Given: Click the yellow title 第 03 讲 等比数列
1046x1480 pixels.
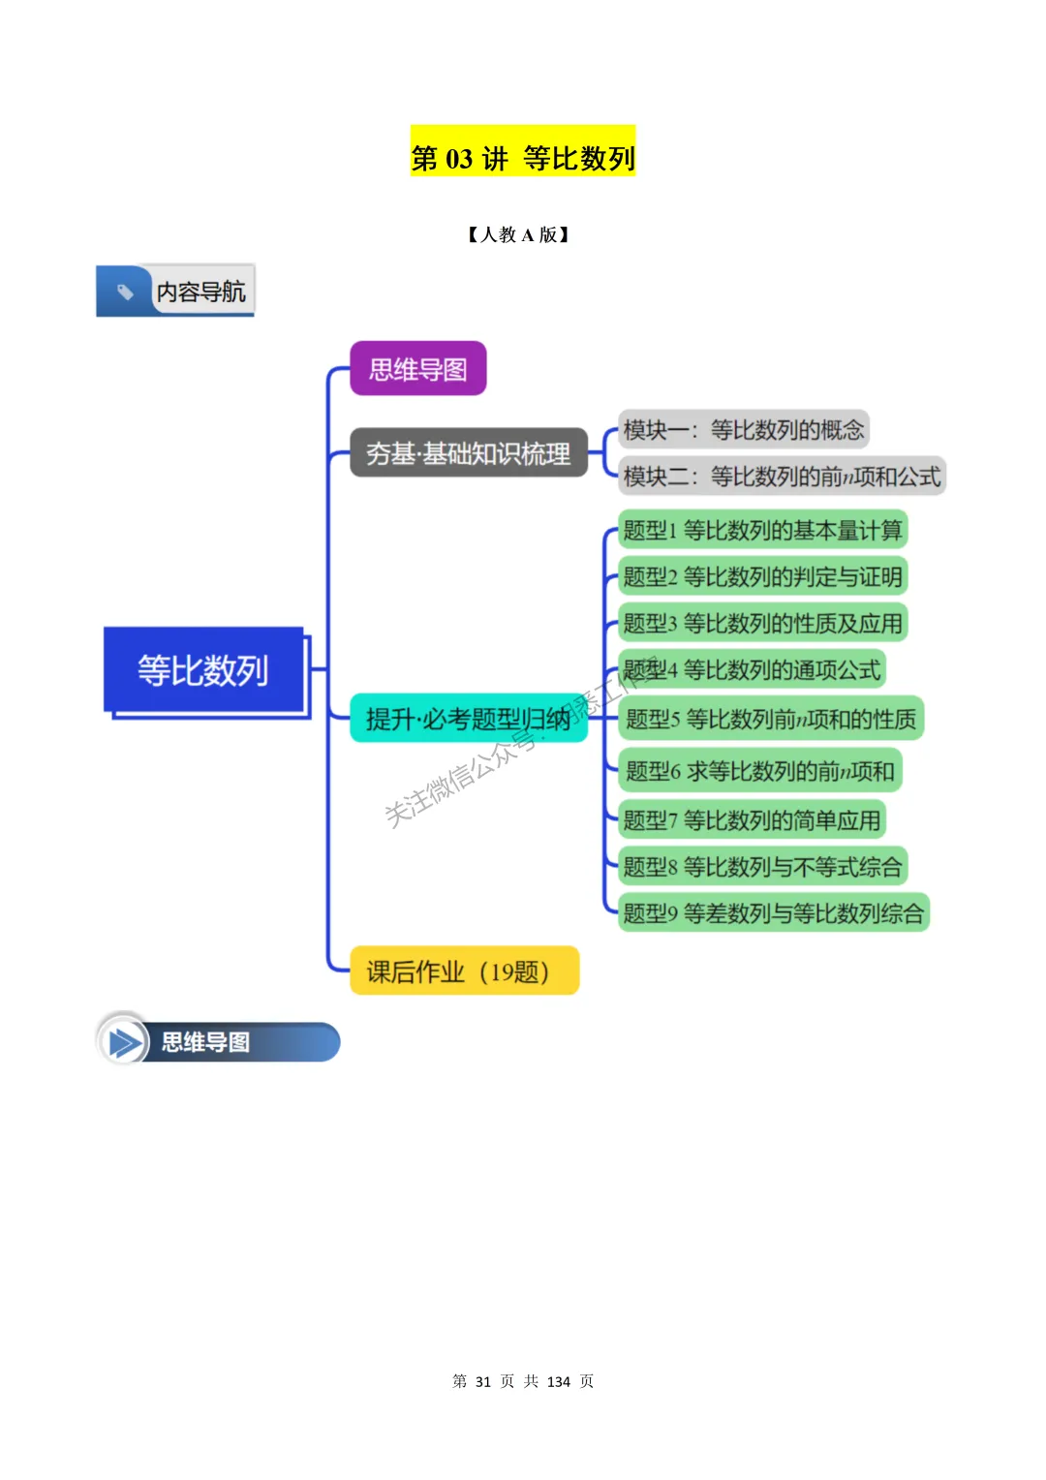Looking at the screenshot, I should pos(523,157).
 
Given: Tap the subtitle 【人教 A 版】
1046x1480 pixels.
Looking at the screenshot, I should pos(518,234).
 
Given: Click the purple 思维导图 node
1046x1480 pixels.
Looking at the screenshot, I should pos(417,369).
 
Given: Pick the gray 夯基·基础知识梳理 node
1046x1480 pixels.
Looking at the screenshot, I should pos(469,453).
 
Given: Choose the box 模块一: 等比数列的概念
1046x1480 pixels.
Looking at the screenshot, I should pos(743,430).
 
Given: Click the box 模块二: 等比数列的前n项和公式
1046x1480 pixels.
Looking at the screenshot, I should pos(781,477).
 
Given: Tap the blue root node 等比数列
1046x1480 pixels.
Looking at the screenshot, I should pos(203,670).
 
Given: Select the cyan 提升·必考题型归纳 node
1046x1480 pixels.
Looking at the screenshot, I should pos(469,719).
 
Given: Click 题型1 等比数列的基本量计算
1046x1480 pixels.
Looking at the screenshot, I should pos(762,530).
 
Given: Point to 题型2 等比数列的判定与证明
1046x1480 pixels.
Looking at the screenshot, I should pos(762,576).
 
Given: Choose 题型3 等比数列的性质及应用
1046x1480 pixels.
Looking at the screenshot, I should pos(762,623).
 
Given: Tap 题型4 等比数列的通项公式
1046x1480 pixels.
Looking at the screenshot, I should pos(752,669).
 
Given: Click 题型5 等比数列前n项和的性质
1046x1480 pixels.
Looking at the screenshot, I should pos(770,719).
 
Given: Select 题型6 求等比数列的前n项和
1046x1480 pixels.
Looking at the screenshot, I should pos(759,771).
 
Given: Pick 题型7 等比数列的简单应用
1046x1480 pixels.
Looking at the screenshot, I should pos(752,820).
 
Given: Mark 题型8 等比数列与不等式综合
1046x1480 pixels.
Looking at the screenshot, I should pos(762,866).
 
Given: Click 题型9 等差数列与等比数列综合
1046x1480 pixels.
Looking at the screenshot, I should pos(773,912).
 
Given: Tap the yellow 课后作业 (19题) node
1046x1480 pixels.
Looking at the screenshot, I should pos(464,971).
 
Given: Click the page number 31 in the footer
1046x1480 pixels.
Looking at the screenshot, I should pos(483,1381).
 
